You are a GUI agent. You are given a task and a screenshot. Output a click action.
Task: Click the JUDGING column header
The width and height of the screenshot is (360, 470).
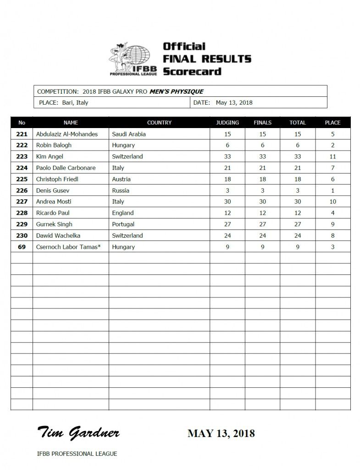tap(227, 123)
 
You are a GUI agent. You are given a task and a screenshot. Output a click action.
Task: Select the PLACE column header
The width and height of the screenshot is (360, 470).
tap(332, 123)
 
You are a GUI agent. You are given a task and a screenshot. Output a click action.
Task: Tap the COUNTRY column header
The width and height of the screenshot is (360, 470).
tap(159, 123)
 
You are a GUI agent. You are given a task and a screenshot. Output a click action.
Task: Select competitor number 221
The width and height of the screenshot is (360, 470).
tap(22, 134)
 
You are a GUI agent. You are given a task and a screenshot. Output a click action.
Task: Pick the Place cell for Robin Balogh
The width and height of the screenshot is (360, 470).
tap(332, 145)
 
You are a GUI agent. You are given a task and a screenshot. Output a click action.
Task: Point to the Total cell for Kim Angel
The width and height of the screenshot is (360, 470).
tap(298, 157)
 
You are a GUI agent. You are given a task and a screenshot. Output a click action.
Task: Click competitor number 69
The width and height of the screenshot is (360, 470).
tap(22, 247)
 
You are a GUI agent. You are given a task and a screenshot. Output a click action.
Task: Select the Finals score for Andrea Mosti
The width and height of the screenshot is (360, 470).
tap(263, 201)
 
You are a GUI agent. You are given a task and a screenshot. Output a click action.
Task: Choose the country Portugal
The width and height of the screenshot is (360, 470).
tap(123, 224)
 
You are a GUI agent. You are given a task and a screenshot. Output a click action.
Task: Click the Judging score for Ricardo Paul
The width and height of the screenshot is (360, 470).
tap(227, 213)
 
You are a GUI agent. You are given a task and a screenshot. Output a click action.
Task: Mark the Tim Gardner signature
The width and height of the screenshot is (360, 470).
tap(78, 432)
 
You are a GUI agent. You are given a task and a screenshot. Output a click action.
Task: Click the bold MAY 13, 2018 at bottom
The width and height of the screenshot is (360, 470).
tap(221, 433)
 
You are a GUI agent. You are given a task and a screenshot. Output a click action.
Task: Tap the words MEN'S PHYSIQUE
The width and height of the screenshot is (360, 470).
tap(176, 91)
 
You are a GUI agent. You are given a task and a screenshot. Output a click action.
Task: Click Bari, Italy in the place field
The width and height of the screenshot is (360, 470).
tap(75, 103)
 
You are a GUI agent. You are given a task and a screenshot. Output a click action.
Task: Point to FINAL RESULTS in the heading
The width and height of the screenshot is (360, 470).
tap(207, 59)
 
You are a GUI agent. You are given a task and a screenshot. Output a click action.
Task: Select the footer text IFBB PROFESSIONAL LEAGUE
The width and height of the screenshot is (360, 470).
tap(77, 453)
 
